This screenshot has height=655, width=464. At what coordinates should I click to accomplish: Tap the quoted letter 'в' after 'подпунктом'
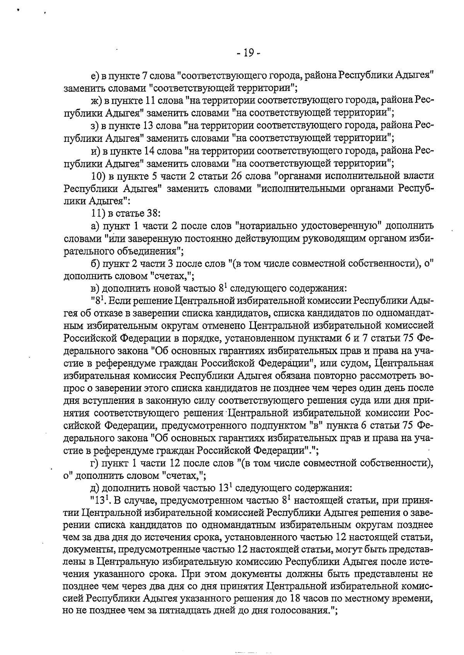click(316, 425)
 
